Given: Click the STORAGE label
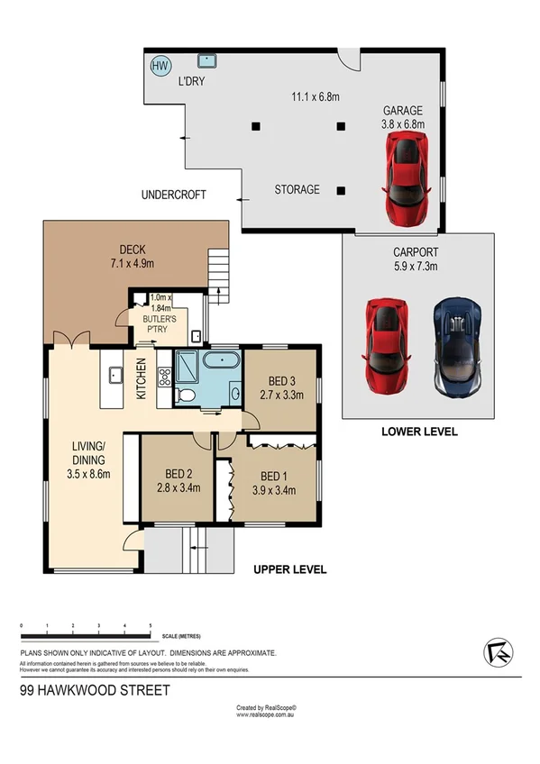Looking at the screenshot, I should click(297, 190).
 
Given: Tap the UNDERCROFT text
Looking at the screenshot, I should click(174, 195).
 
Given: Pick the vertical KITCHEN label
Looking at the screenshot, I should click(141, 378).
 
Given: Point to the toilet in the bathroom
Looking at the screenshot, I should click(185, 395).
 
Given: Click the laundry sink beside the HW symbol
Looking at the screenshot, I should click(208, 61).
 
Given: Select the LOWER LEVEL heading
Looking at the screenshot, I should click(419, 432).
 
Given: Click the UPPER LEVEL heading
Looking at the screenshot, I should click(289, 569).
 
